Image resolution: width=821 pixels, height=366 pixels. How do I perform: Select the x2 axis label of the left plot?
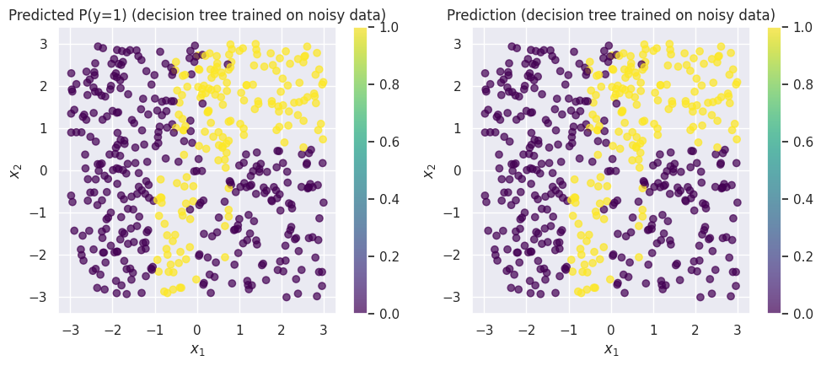point(14,170)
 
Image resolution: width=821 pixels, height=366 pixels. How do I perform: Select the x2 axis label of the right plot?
point(429,170)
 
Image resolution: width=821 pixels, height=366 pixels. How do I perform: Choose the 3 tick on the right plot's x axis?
point(738,330)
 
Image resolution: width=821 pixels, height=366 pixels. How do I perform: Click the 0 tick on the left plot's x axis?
point(197,330)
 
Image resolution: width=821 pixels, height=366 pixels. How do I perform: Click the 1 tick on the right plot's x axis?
point(653,330)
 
